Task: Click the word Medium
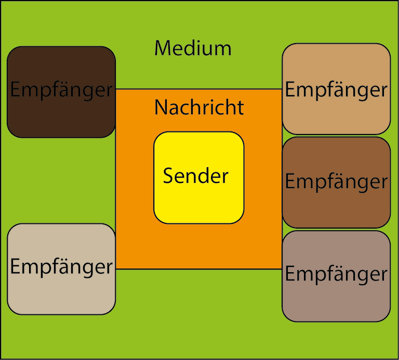click(x=193, y=48)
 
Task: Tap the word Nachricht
click(x=199, y=108)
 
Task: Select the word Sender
click(x=196, y=176)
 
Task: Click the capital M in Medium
click(x=163, y=48)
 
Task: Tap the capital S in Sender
click(x=168, y=176)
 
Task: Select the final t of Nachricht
click(x=241, y=108)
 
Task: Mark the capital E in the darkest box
click(x=15, y=90)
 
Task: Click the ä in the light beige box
click(x=59, y=267)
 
